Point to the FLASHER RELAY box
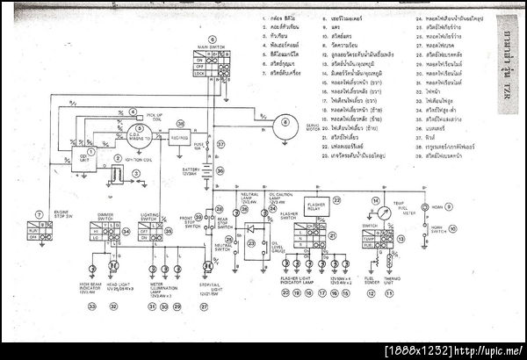[x=315, y=205]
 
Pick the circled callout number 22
[x=336, y=200]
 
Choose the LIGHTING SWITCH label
[x=150, y=215]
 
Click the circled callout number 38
[x=180, y=124]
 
